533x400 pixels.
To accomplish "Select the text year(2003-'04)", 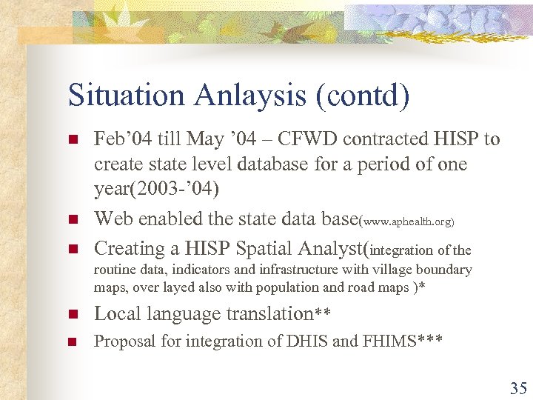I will tap(156, 190).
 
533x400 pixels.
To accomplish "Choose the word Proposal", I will tap(121, 341).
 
